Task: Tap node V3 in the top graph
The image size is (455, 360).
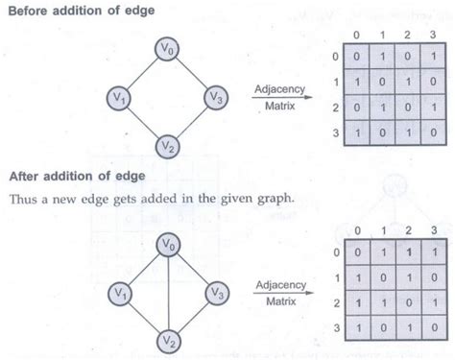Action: pos(217,98)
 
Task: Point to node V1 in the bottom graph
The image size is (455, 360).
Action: pos(118,290)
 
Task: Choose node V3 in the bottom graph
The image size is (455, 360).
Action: pos(217,290)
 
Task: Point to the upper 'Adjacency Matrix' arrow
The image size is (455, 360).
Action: pos(278,99)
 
